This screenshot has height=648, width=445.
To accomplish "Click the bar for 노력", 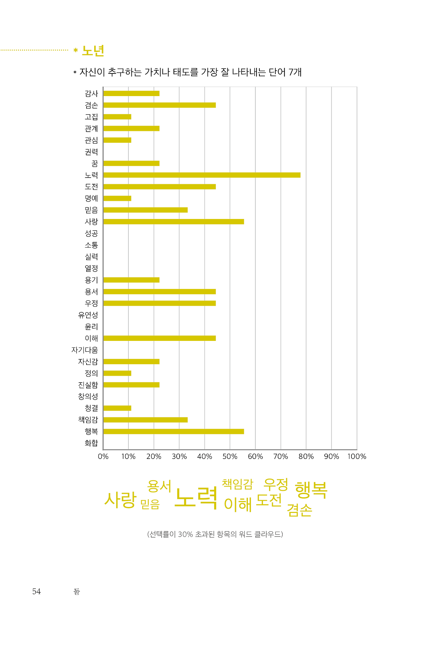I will [x=202, y=175].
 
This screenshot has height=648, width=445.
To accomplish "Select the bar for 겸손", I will [x=159, y=105].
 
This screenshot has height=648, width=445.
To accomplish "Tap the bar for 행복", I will [x=173, y=431].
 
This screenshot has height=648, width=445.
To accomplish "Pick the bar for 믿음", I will [x=145, y=210].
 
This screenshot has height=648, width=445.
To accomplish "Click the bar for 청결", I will [x=117, y=408].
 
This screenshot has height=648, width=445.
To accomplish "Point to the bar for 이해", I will [x=159, y=338].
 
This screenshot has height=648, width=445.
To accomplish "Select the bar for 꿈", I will [x=131, y=163].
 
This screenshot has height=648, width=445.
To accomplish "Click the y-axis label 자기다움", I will [x=85, y=350].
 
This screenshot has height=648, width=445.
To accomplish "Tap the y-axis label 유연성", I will [x=88, y=315].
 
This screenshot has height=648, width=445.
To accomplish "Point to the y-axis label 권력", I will [x=91, y=152].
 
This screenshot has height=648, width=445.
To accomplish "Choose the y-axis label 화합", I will [x=91, y=443].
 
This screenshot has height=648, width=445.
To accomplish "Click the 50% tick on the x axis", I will [x=230, y=456].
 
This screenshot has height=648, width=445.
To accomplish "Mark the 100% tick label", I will [x=357, y=456].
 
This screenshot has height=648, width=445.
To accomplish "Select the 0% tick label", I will [x=103, y=456].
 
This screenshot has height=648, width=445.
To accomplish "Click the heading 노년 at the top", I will [x=93, y=51].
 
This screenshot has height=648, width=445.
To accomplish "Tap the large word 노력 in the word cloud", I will [x=196, y=498].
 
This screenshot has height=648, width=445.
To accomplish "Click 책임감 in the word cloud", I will [x=238, y=484].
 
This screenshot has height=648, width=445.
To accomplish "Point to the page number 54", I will [x=37, y=591].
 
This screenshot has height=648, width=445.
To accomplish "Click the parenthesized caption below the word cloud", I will [x=215, y=534].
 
